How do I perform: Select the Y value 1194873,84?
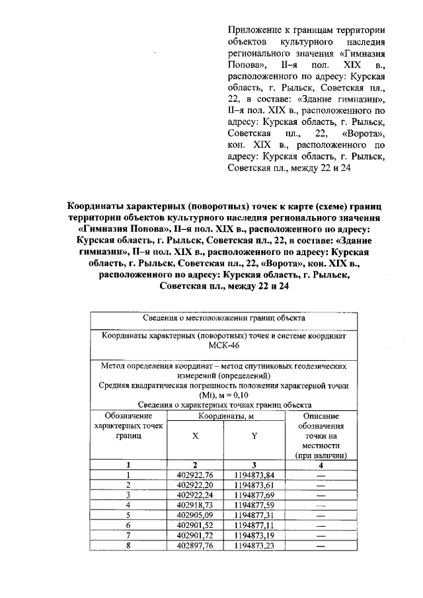point(254,474)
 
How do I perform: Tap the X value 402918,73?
point(195,504)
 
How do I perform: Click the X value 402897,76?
point(195,545)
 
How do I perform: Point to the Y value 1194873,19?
point(254,535)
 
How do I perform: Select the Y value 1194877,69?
point(254,494)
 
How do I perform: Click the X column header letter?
point(195,436)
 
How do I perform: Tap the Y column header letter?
point(254,436)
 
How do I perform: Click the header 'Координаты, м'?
point(224,416)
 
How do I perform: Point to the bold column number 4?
point(321,465)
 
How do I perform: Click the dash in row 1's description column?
point(321,474)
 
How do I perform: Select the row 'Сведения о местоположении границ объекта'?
point(224,318)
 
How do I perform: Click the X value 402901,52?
point(195,525)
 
